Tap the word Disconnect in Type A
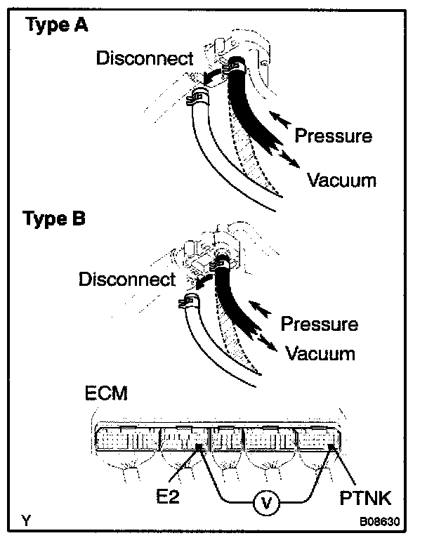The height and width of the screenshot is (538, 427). [x=143, y=58]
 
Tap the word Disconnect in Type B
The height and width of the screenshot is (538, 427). [x=127, y=280]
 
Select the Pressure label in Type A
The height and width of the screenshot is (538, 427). [x=334, y=135]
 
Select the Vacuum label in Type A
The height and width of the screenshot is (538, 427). [x=342, y=181]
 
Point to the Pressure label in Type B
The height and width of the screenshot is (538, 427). [x=320, y=324]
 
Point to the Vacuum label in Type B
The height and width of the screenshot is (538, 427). [x=320, y=353]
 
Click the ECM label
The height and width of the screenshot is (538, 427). [x=105, y=393]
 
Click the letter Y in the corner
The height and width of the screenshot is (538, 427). [x=26, y=521]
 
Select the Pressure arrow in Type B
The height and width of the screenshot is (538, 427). [x=261, y=307]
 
